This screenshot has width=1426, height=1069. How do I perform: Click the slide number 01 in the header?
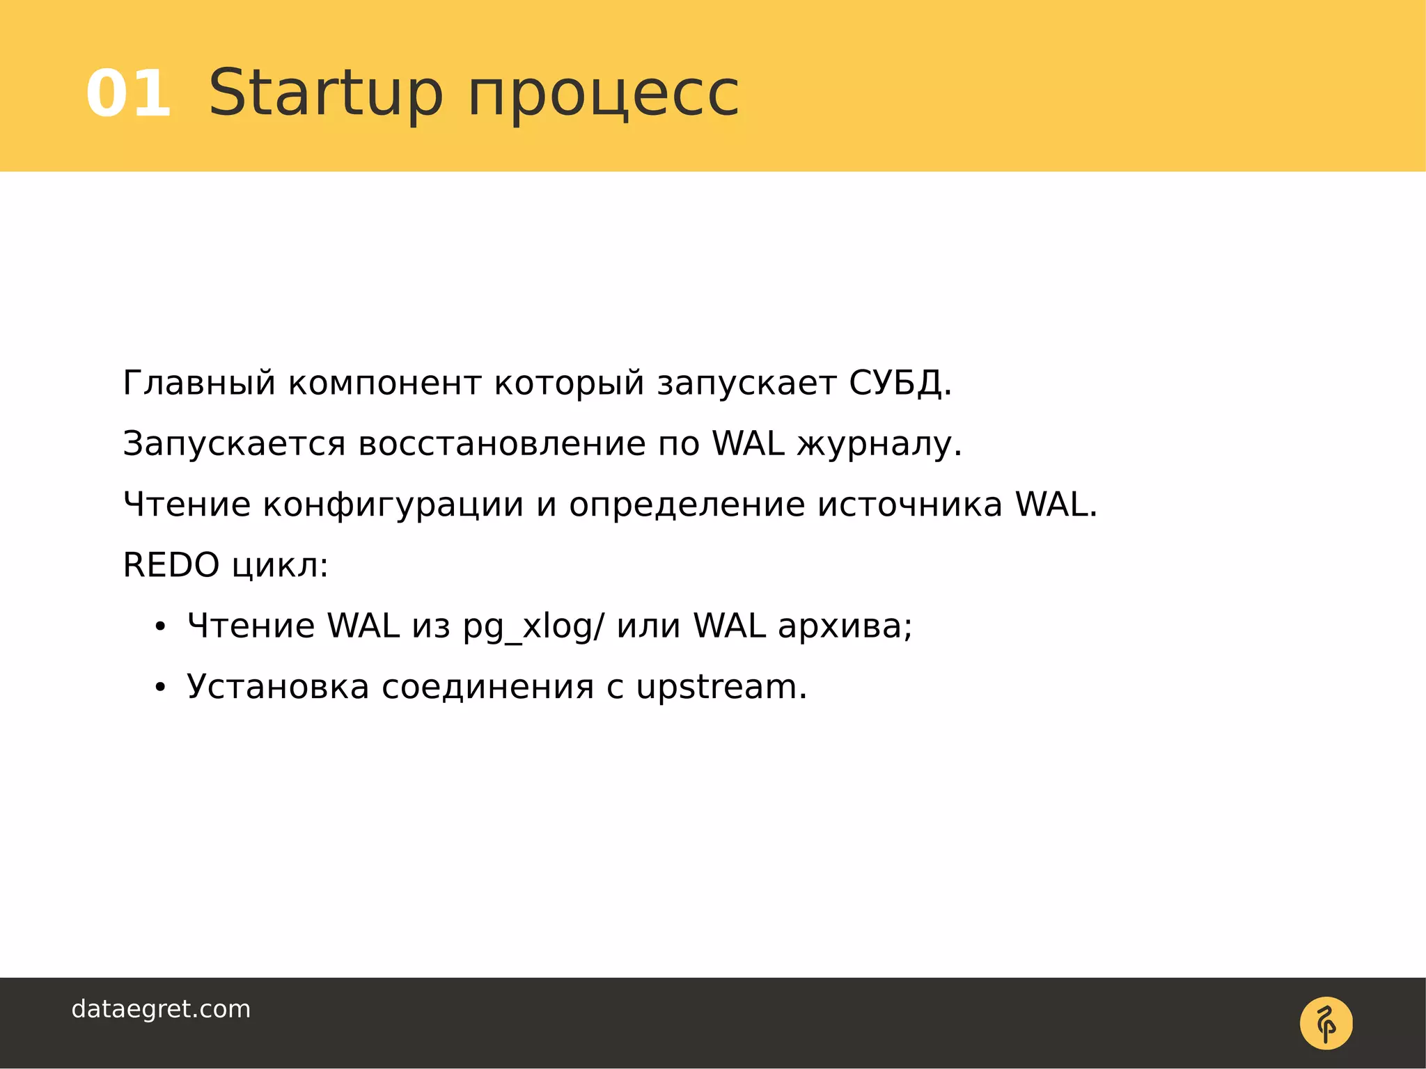129,94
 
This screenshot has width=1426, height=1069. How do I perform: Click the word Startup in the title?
325,94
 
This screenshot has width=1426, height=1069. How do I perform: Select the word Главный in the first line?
199,383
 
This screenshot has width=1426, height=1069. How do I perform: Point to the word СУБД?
899,383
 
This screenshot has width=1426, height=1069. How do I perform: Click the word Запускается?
234,444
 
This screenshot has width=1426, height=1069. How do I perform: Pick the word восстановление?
501,444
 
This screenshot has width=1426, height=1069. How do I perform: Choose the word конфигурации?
393,505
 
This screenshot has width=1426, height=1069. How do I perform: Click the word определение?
687,505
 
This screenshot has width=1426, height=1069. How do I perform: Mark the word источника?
910,505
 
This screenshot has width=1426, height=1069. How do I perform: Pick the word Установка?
278,688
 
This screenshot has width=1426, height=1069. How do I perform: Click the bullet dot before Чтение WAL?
161,628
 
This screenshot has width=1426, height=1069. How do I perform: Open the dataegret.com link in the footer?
161,1009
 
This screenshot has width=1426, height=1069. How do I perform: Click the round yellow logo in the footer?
1326,1023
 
